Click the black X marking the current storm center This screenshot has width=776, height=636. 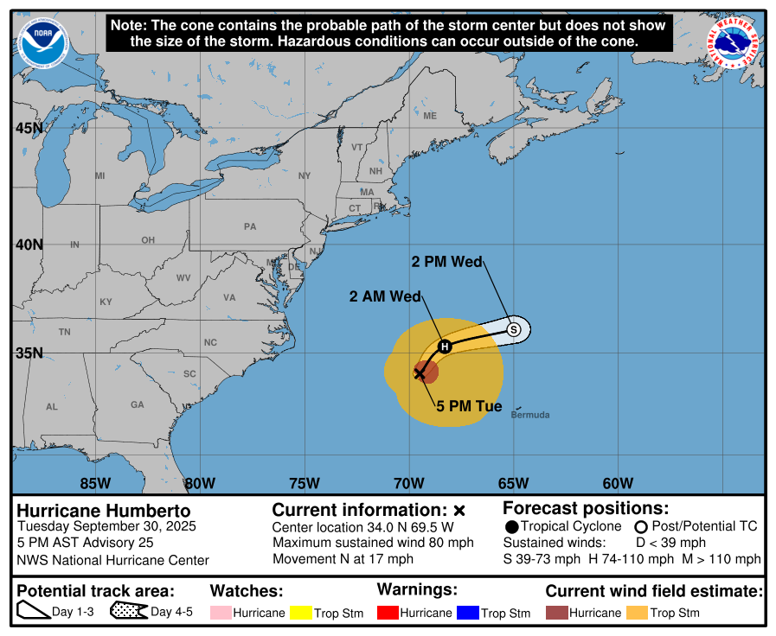420,373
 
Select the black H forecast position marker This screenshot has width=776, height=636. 445,347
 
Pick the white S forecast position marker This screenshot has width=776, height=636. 514,329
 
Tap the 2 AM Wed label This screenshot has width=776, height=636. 385,296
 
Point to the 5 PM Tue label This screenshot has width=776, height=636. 469,405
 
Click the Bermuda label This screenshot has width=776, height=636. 529,415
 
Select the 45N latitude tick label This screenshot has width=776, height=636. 29,129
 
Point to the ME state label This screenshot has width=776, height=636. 430,116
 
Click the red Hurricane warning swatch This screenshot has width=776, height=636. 387,613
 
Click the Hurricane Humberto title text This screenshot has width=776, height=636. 104,511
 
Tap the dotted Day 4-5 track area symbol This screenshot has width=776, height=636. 127,613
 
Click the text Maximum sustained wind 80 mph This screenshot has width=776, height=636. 373,543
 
